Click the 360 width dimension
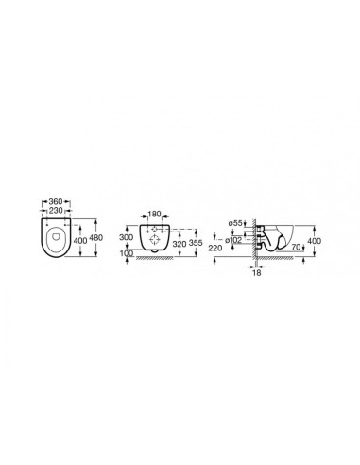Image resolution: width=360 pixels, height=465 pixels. pos(56,201)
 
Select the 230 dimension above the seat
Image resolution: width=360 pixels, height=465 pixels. pos(56,210)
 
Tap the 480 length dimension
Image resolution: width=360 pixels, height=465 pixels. pos(96,237)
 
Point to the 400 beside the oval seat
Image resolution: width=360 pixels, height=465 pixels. pos(80,241)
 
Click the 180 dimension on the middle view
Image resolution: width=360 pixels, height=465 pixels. pos(154,215)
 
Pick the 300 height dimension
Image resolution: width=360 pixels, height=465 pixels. pos(126,237)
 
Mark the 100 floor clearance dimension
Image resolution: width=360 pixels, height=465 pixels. pos(127,253)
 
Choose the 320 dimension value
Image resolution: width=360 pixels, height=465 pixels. pos(180,243)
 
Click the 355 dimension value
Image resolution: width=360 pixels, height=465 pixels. pos(196,243)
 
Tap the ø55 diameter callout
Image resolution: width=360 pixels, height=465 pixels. pos(235,223)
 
